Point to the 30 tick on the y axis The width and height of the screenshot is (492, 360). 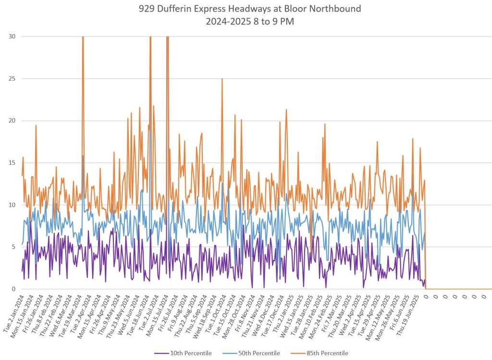[12, 37]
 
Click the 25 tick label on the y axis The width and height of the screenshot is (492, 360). [12, 79]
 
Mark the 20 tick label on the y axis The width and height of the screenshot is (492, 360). [12, 121]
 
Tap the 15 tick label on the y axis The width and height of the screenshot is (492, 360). [12, 163]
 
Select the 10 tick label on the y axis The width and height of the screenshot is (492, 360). [12, 205]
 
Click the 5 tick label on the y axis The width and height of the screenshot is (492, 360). [13, 247]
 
